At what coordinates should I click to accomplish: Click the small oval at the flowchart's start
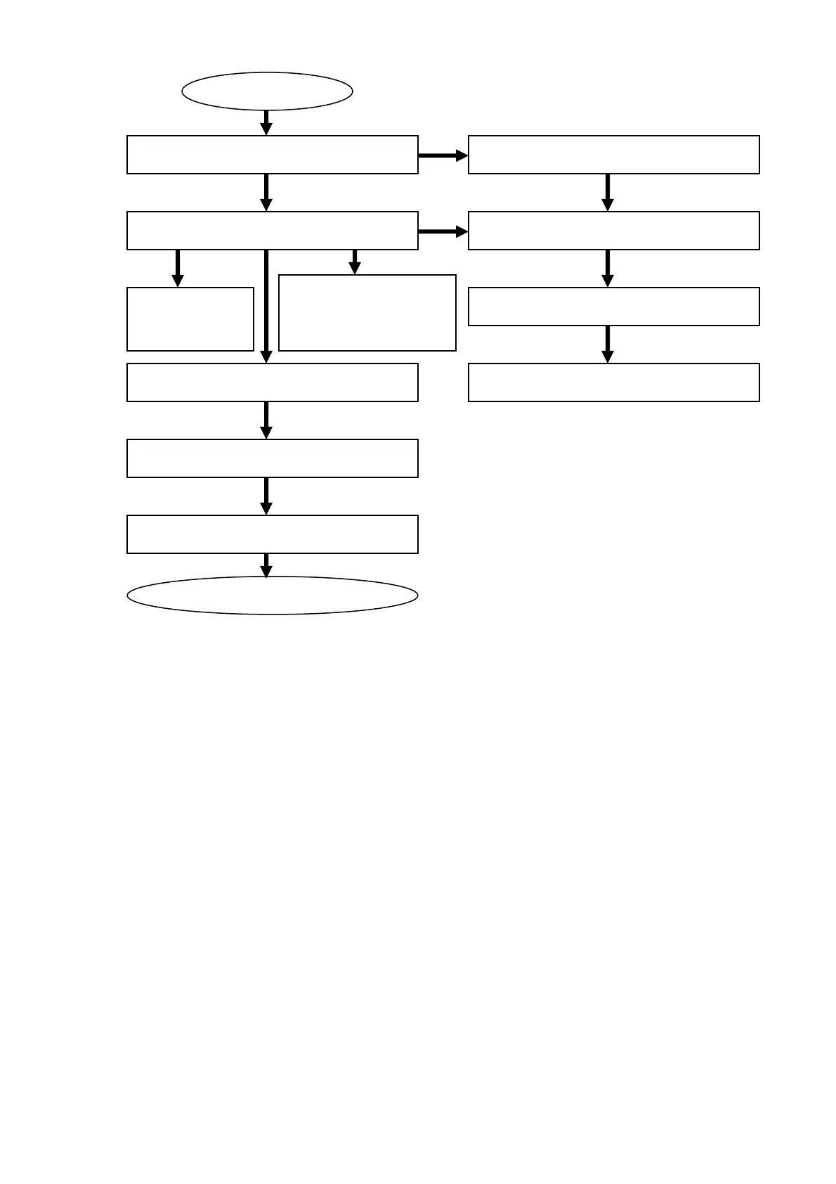pos(267,91)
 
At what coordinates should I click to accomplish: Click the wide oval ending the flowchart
pos(272,596)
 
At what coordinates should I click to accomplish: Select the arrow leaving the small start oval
pos(266,122)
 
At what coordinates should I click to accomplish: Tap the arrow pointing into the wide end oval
pos(266,565)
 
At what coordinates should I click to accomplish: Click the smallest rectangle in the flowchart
pos(190,318)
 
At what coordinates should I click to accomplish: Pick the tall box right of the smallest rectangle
pos(367,313)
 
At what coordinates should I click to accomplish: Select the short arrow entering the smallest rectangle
pos(178,268)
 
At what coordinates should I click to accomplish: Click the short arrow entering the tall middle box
pos(355,262)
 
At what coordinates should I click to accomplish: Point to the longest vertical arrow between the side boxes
pos(266,306)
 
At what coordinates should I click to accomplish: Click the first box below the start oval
pos(272,155)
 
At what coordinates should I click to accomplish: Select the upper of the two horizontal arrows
pos(443,155)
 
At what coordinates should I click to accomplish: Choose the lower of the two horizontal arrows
pos(443,231)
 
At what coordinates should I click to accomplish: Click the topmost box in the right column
pos(613,155)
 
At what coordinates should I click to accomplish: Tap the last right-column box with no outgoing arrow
pos(613,382)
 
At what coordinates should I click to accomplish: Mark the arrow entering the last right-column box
pos(608,344)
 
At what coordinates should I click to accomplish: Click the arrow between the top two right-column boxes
pos(608,192)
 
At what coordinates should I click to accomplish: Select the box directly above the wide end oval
pos(272,534)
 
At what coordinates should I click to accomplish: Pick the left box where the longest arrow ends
pos(272,382)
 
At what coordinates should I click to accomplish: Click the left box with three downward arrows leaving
pos(272,231)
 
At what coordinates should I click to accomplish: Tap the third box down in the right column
pos(613,307)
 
